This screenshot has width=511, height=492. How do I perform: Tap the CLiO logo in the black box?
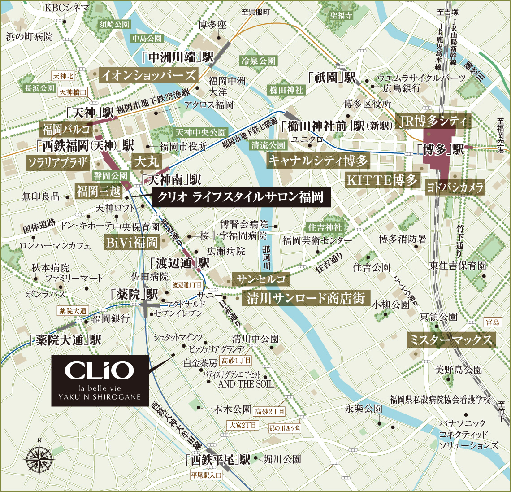click(x=99, y=371)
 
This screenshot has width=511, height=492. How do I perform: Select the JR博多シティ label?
click(x=434, y=122)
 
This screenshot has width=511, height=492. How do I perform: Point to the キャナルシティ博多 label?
click(x=318, y=161)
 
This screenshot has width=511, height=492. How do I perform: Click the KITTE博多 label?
click(x=382, y=180)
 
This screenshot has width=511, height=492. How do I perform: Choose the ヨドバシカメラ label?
click(x=455, y=187)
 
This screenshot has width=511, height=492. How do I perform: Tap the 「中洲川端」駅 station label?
click(x=177, y=57)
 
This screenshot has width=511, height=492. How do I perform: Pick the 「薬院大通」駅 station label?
click(x=65, y=340)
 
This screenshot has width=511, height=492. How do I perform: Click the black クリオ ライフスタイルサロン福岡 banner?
click(x=241, y=197)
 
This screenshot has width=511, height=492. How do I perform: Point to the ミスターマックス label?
click(x=451, y=340)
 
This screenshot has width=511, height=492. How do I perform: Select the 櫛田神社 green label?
click(x=286, y=90)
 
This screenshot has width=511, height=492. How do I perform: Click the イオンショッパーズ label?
click(x=148, y=75)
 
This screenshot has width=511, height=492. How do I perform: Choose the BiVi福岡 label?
click(x=131, y=243)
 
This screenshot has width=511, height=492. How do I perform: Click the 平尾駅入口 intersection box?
click(x=206, y=475)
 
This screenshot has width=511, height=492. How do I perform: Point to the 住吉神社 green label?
click(x=325, y=227)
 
